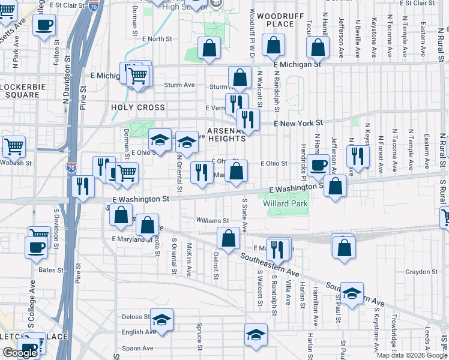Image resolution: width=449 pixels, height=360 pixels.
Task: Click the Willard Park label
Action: click(285, 203)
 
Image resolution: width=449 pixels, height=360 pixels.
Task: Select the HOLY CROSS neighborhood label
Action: click(137, 107)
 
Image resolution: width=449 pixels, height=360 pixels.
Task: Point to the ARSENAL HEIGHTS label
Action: click(227, 134)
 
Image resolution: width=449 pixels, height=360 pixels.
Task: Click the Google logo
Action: click(19, 352)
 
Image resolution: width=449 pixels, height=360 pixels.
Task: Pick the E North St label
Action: click(157, 39)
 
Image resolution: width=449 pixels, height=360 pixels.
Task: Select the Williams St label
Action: click(212, 221)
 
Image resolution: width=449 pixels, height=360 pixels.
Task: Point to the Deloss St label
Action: click(136, 317)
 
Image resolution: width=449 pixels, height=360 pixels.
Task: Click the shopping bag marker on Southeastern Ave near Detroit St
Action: click(228, 239)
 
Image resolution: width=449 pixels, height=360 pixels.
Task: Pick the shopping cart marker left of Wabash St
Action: click(14, 145)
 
